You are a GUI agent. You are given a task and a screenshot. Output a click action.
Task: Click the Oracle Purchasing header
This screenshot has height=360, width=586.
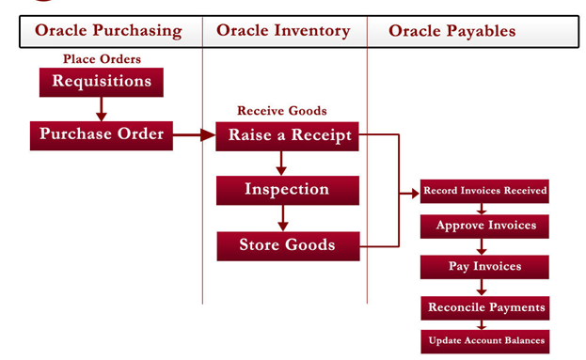coord(108,31)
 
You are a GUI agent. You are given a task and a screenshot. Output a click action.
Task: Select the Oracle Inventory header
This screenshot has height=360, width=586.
coord(283,31)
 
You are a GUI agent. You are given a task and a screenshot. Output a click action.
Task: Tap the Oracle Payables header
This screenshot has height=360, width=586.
coord(452,31)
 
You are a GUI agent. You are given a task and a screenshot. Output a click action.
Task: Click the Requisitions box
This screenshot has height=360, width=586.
coord(102,82)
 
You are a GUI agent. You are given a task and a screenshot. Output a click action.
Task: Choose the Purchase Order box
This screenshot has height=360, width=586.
coord(102,134)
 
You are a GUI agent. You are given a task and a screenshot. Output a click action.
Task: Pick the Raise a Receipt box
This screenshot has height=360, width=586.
coord(289,135)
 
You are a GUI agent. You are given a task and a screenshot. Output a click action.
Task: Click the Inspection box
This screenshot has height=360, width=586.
coord(287,190)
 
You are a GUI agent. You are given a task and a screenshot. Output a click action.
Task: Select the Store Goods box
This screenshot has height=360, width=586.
coord(287,245)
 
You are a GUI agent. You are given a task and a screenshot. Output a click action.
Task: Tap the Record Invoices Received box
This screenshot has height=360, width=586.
coord(484,191)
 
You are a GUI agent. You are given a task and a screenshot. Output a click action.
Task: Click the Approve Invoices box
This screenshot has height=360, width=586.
coord(484,226)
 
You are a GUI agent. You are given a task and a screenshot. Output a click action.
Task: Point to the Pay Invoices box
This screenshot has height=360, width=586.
coord(484,267)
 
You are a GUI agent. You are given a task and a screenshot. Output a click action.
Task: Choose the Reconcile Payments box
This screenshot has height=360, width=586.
coord(484,307)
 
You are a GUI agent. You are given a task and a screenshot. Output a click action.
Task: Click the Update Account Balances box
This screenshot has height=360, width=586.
coord(484,340)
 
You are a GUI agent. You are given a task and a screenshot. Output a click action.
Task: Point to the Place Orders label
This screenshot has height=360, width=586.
coord(102,59)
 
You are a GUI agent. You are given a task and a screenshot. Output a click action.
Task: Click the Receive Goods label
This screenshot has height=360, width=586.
coord(281,111)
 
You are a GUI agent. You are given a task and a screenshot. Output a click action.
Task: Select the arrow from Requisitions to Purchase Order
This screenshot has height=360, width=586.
coord(102,108)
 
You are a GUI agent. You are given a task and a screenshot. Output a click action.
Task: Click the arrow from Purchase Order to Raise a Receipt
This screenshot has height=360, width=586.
coord(195,135)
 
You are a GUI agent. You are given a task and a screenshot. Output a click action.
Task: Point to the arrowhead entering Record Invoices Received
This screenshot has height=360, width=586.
coord(413,195)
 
